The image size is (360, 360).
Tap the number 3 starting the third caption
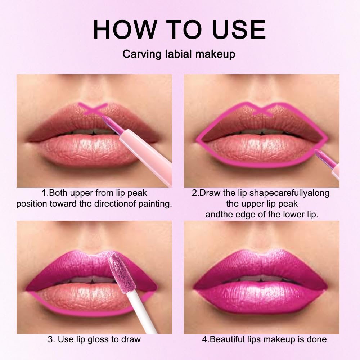(50, 339)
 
